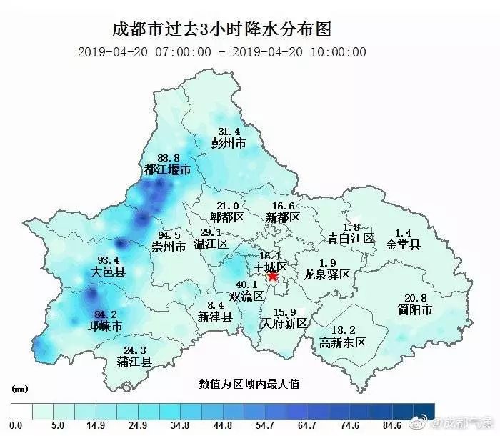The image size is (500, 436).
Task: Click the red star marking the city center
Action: tap(272, 276)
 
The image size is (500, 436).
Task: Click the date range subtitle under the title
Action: tap(221, 51)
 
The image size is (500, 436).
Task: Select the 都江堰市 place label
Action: tap(167, 170)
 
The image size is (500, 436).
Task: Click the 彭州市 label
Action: tap(229, 143)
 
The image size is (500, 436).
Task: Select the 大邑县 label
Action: tap(109, 272)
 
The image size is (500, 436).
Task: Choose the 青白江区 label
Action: tap(351, 238)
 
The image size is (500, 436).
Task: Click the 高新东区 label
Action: tap(343, 342)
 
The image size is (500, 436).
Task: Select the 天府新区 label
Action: tap(284, 324)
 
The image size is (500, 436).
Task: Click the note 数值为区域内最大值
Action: tap(249, 384)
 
